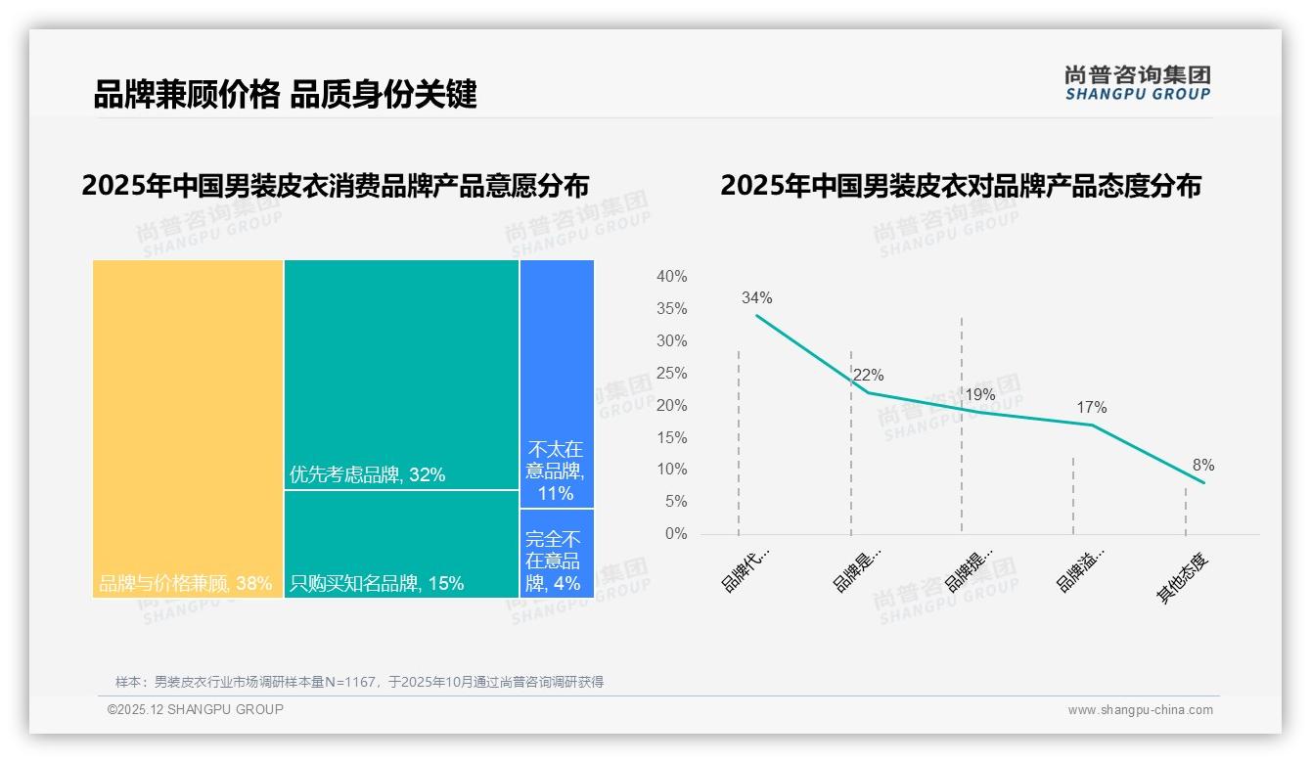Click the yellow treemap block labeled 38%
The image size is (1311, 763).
pos(188,427)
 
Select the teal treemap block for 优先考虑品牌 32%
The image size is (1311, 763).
pos(401,374)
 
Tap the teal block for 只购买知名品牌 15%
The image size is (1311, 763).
pos(401,543)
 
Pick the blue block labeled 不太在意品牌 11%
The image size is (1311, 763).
pos(556,383)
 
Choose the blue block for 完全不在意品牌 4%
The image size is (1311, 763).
pos(556,554)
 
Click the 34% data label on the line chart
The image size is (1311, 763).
pos(756,297)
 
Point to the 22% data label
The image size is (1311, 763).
pos(868,375)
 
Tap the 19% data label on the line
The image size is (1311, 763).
pos(979,394)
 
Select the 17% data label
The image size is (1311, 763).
pos(1091,407)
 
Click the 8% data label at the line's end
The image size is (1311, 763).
pos(1202,465)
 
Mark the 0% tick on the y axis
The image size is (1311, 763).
pos(675,533)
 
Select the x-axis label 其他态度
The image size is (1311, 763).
pos(1184,578)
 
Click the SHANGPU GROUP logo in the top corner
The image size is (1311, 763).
pos(1137,82)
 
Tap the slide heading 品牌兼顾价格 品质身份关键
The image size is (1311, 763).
pos(285,95)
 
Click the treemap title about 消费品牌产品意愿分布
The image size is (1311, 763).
pos(336,185)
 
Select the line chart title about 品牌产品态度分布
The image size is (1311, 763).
pos(960,185)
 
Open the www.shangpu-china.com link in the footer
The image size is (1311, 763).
pos(1140,710)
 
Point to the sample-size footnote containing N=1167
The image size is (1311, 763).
pos(359,682)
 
